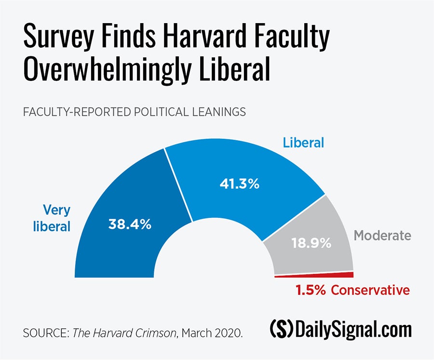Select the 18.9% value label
(x=312, y=243)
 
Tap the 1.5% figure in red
(x=310, y=290)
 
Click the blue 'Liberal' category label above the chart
(x=303, y=143)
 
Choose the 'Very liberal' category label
(x=52, y=218)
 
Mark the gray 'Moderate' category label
(x=382, y=236)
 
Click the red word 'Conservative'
(x=370, y=290)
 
